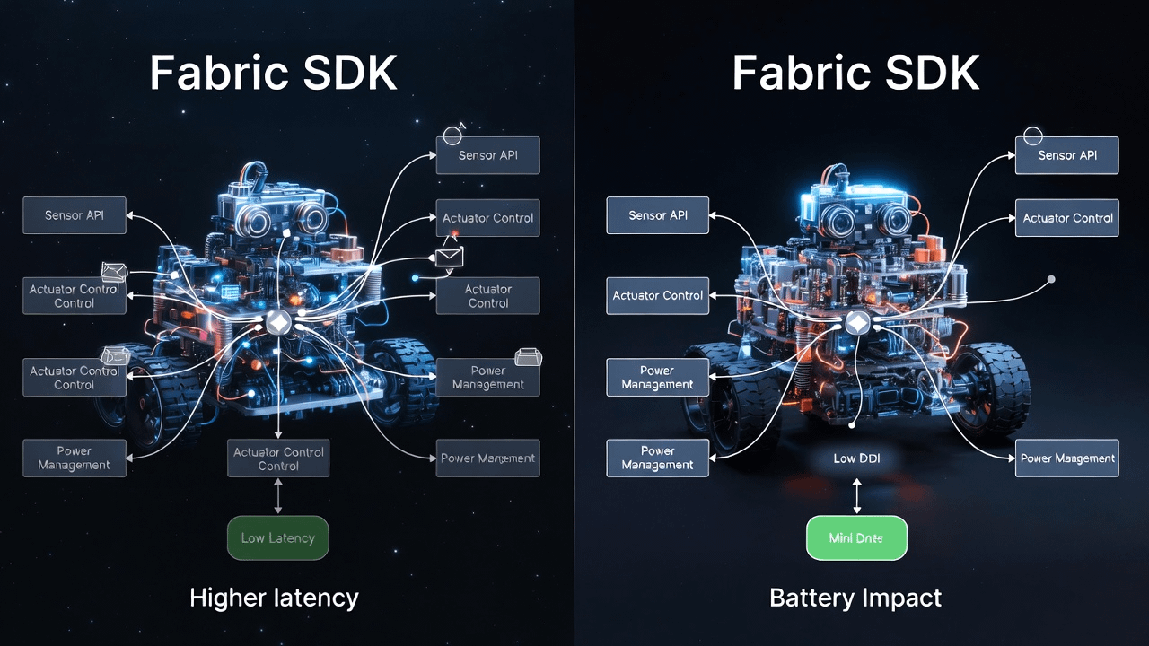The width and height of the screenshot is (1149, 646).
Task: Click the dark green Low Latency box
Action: tap(278, 538)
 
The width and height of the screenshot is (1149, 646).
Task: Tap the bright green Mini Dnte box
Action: tap(856, 538)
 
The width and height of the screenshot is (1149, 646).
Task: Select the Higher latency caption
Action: tap(274, 598)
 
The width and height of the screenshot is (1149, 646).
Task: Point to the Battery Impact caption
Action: tap(855, 598)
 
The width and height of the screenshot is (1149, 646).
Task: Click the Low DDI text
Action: tap(856, 458)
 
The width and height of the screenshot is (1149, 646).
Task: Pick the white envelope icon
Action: tap(449, 258)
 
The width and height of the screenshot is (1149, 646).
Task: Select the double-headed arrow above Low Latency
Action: tap(278, 496)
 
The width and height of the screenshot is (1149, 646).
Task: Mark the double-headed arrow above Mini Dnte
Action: tap(856, 495)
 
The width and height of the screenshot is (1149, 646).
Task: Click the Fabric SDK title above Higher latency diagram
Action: tap(273, 73)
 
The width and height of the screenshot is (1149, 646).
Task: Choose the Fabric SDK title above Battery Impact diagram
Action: tap(855, 73)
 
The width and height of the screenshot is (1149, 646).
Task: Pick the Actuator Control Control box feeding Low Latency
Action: tap(278, 458)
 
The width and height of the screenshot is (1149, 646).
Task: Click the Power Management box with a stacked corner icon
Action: tap(487, 377)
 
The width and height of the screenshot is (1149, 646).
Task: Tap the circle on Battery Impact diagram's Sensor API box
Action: tap(1032, 136)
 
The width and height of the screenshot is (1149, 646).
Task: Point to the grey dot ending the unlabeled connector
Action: tap(1051, 279)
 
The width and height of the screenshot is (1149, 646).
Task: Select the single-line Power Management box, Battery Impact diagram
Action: tap(1067, 458)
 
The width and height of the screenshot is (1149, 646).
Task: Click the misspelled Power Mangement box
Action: tap(487, 458)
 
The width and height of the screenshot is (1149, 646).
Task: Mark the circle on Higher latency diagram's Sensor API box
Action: tap(453, 135)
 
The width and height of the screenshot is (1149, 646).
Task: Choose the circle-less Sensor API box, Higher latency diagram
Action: tap(75, 215)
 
